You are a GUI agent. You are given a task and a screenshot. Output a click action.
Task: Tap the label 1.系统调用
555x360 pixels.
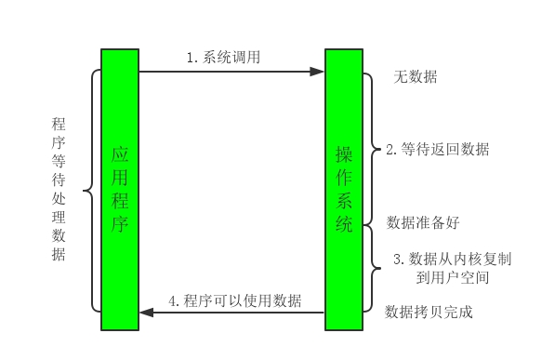[223, 58]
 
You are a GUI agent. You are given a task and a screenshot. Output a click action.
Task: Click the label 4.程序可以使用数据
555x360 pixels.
[234, 300]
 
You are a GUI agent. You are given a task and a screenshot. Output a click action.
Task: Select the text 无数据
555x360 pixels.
[415, 77]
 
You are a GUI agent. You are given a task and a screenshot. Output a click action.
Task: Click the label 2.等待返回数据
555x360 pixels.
[437, 149]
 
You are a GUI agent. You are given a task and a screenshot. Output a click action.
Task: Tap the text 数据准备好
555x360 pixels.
[423, 223]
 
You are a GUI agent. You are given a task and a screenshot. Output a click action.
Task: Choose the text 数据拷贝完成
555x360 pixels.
[429, 312]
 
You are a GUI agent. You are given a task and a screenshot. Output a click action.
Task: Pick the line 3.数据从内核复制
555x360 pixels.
[452, 258]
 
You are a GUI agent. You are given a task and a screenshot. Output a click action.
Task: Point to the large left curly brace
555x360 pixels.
[90, 191]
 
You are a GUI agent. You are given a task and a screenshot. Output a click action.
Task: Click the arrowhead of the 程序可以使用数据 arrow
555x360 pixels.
[144, 313]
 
